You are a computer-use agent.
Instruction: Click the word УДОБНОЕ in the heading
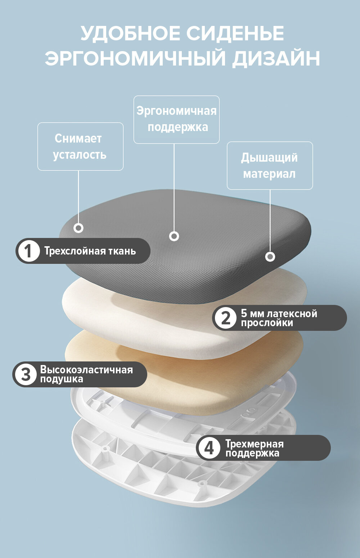click(x=130, y=33)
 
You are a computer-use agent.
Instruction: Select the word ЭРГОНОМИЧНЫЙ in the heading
click(x=135, y=58)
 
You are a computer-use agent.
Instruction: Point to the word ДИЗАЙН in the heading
click(x=276, y=58)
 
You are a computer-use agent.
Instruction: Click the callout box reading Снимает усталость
click(x=80, y=147)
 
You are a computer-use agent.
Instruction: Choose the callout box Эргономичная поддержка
click(x=176, y=120)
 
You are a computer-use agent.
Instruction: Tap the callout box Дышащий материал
click(x=270, y=166)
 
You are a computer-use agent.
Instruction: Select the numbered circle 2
click(x=225, y=318)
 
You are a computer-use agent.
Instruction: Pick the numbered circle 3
click(x=26, y=374)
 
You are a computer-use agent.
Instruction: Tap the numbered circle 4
click(x=209, y=448)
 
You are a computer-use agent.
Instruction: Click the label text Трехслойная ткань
click(x=90, y=251)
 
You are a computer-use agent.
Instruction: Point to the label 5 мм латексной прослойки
click(x=279, y=318)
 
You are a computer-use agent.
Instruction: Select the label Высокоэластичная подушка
click(x=86, y=374)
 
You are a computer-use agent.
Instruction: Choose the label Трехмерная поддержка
click(x=255, y=448)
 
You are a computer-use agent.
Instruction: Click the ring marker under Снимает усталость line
click(x=78, y=228)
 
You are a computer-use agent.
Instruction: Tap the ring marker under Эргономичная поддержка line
click(x=174, y=236)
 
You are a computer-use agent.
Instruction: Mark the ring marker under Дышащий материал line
click(x=270, y=257)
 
